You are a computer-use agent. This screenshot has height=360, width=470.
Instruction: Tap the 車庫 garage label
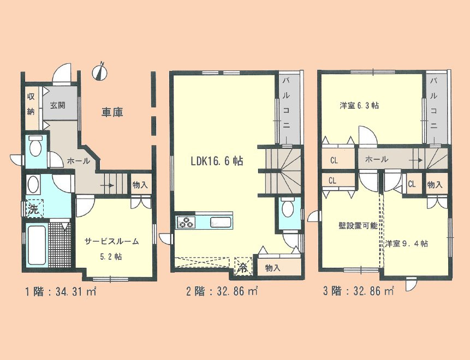(112, 112)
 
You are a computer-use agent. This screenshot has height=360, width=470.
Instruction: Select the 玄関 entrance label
(58, 105)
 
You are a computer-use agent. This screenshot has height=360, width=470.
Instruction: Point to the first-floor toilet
(36, 147)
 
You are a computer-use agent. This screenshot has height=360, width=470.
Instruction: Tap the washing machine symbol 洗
(33, 208)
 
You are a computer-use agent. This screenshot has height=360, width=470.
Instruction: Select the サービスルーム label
(111, 241)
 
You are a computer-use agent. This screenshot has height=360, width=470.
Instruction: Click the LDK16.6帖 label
(217, 161)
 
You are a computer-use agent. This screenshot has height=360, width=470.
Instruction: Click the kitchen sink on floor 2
(221, 222)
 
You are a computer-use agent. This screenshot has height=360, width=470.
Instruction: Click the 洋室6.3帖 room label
(359, 106)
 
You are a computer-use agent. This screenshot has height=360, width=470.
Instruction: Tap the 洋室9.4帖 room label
(406, 243)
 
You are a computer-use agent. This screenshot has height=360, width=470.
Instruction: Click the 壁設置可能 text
(350, 226)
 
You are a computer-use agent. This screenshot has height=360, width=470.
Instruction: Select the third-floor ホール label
(377, 159)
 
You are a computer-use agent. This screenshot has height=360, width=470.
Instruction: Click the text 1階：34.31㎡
(61, 291)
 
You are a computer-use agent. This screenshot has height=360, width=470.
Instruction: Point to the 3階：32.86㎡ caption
(358, 291)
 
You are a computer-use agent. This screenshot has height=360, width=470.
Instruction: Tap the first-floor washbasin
(34, 183)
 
